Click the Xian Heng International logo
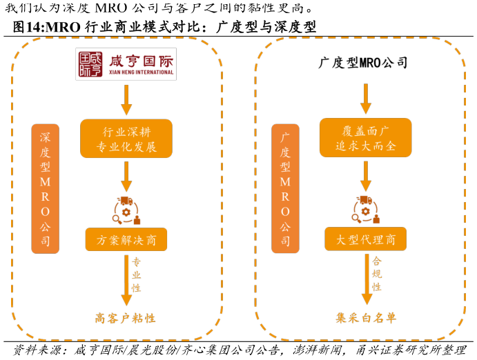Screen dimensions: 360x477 tap(126, 64)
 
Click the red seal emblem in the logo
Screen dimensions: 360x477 tap(90, 64)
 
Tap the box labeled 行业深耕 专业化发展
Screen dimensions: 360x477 tap(126, 138)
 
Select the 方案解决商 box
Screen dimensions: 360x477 tap(126, 239)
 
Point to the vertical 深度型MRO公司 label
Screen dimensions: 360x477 tap(45, 189)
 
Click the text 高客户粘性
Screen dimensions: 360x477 tap(125, 318)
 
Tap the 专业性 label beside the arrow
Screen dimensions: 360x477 tap(136, 274)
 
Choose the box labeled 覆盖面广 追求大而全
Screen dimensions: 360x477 tap(365, 137)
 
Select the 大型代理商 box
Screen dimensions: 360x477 tap(365, 239)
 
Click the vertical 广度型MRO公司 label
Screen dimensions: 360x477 tap(284, 189)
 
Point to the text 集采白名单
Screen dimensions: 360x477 tap(366, 318)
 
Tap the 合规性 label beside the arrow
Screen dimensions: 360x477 tap(376, 274)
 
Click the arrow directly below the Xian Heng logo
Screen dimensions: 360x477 tap(126, 99)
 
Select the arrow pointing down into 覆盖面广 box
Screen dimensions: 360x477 tap(365, 99)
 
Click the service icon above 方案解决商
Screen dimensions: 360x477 tap(126, 210)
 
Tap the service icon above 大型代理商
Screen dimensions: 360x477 tap(366, 210)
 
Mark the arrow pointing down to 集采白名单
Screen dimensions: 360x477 tap(367, 279)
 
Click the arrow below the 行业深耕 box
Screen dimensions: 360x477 tap(126, 177)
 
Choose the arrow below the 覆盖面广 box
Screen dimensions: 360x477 tap(366, 176)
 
